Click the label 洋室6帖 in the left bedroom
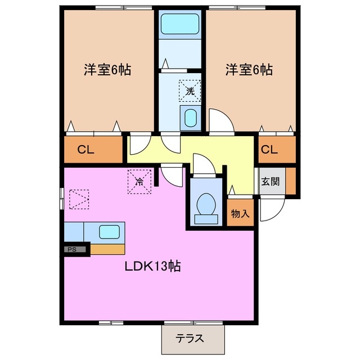click(107, 70)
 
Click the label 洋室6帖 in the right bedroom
click(249, 70)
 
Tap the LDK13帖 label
click(152, 266)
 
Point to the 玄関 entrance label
click(268, 182)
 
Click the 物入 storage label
click(241, 214)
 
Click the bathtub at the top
click(177, 25)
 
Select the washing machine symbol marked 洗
click(190, 90)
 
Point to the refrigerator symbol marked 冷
click(139, 181)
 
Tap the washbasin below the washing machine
click(191, 118)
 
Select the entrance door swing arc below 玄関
click(271, 208)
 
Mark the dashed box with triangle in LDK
click(78, 198)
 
